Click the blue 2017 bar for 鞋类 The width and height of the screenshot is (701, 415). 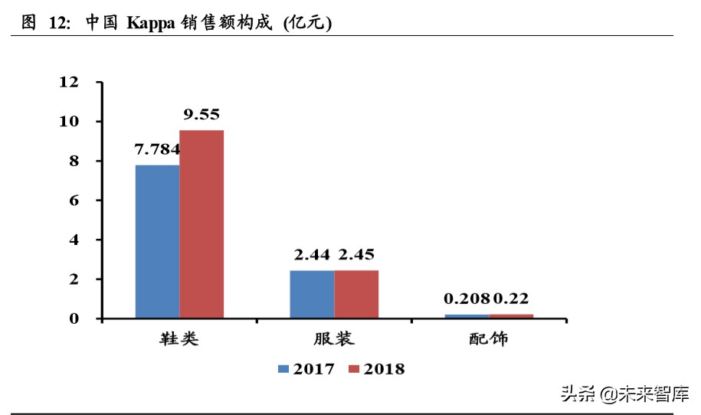click(158, 241)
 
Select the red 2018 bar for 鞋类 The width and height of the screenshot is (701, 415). click(201, 224)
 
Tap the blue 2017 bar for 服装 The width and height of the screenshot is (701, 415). click(312, 294)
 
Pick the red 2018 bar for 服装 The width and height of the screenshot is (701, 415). click(356, 294)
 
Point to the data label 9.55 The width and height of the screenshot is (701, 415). click(201, 115)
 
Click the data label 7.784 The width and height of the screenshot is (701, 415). click(158, 149)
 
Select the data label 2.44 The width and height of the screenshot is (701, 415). click(311, 255)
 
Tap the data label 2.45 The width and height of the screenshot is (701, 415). click(356, 255)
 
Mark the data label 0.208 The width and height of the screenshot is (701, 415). click(467, 299)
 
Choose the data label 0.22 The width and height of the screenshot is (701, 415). click(510, 299)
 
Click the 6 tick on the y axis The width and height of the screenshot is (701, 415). click(74, 201)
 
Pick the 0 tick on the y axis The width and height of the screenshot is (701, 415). click(74, 319)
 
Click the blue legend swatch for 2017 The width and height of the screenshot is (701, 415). click(283, 369)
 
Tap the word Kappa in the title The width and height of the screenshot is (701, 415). click(151, 24)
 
